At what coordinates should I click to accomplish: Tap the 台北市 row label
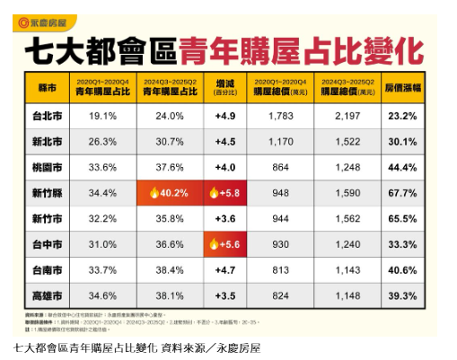click(47, 117)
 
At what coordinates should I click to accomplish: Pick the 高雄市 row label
click(47, 294)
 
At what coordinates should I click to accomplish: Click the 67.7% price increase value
click(401, 192)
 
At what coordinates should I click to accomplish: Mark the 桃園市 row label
click(47, 167)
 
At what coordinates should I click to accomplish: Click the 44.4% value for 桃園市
click(401, 167)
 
